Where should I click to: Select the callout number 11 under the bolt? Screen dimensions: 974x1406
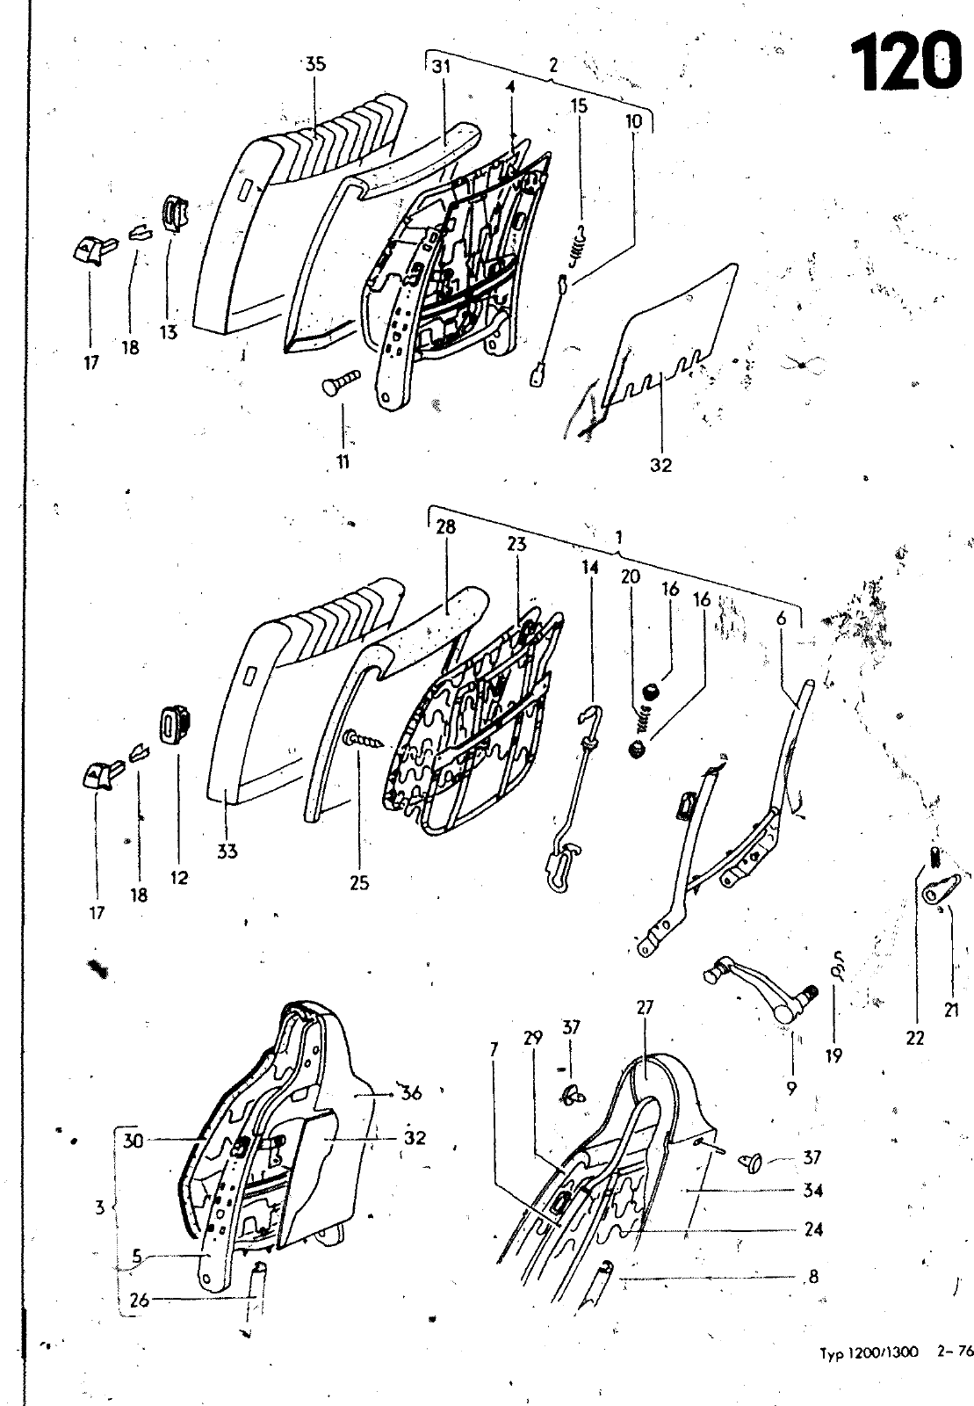tap(343, 461)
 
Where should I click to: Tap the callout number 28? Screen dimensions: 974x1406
tap(446, 526)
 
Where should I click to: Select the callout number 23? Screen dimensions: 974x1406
tap(516, 544)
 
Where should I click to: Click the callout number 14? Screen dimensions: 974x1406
tap(590, 568)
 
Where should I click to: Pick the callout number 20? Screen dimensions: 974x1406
tap(631, 576)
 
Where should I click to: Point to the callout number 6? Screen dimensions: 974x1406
tap(781, 619)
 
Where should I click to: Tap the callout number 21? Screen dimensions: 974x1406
tap(951, 1011)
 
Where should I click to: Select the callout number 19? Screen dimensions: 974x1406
tap(833, 1055)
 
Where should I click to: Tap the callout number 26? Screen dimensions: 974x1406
tap(140, 1300)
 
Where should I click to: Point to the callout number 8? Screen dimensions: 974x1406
tap(812, 1276)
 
